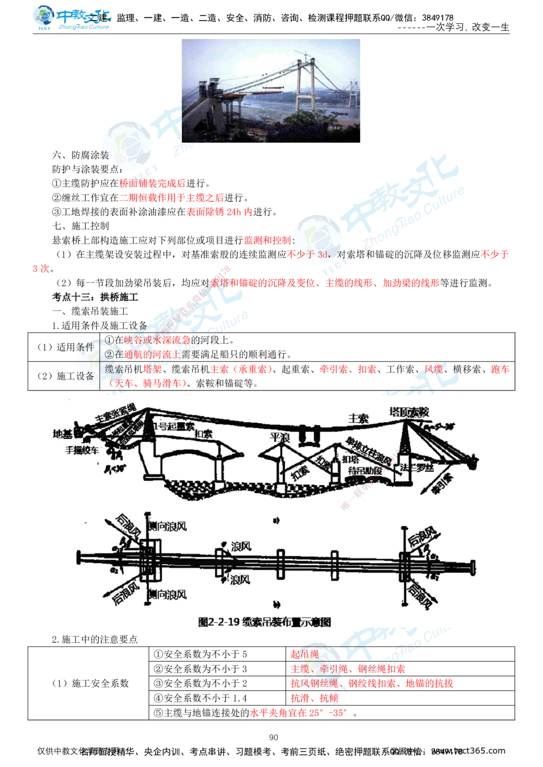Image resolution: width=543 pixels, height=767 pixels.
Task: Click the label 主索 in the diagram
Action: coord(358,418)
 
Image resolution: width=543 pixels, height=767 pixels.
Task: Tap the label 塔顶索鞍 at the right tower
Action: coord(409,412)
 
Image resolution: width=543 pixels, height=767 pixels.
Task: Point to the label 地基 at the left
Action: coord(63,434)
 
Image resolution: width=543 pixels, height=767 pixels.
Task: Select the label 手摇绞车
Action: coord(83,450)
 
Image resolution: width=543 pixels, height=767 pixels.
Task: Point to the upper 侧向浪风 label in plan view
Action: coord(168,526)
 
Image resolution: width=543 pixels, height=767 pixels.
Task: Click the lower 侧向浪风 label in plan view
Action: coord(168,594)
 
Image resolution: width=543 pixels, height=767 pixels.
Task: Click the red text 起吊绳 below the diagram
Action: coord(305,654)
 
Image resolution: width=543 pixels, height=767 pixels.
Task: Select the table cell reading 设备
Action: coord(85,375)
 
